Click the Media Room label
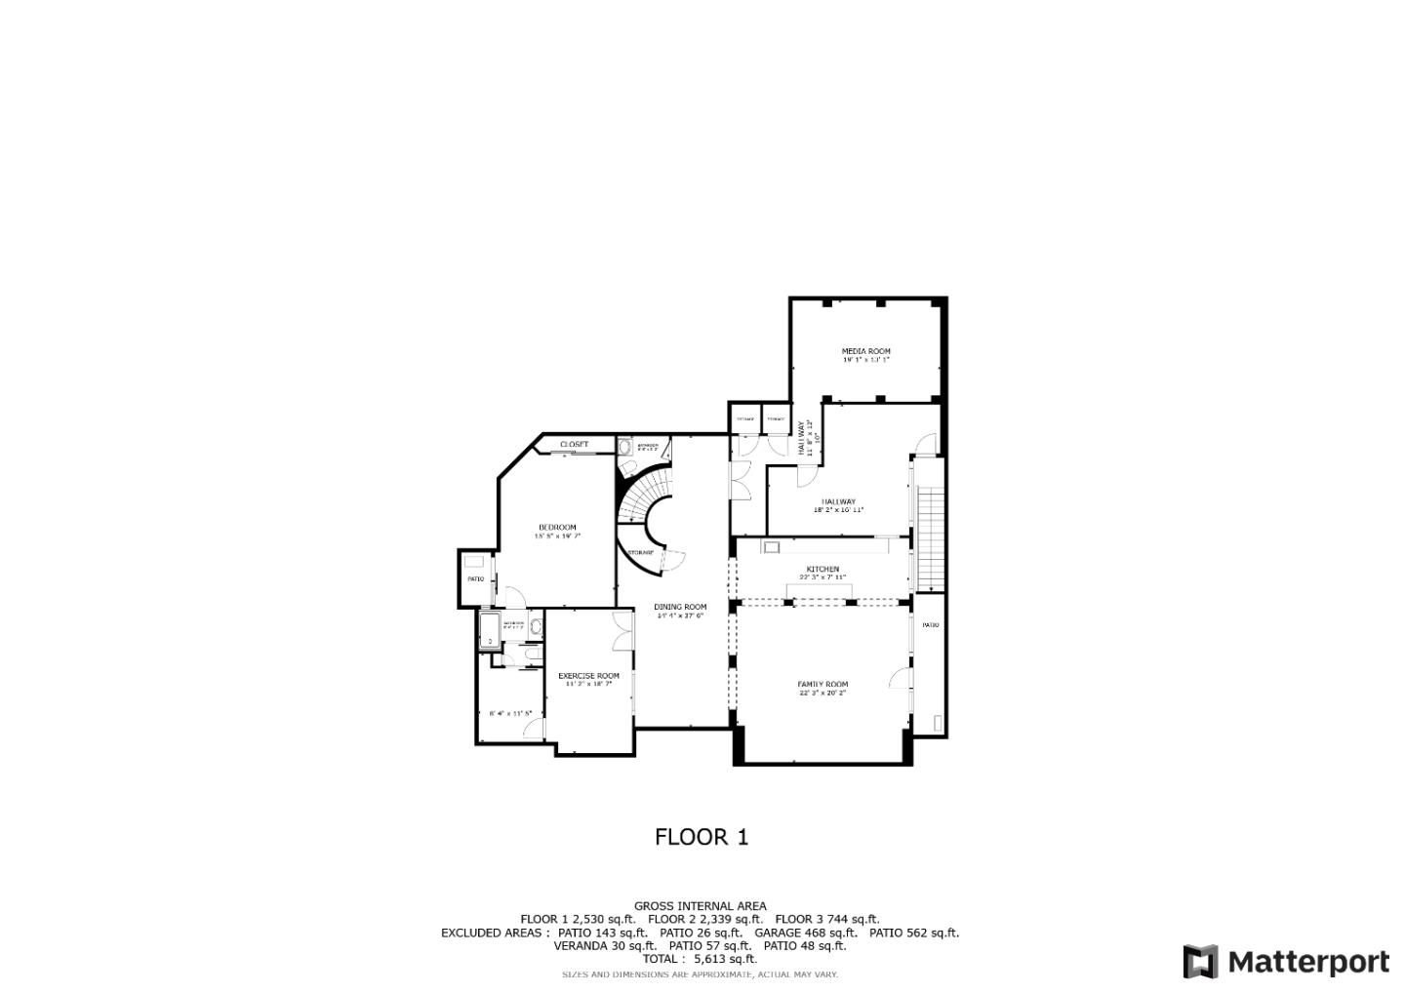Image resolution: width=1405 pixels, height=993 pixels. pyautogui.click(x=865, y=351)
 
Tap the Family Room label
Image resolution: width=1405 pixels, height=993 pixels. pyautogui.click(x=823, y=685)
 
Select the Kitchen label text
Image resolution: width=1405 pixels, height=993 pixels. pyautogui.click(x=823, y=570)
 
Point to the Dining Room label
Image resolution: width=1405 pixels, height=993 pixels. pyautogui.click(x=680, y=607)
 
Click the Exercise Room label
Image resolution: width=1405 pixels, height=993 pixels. pyautogui.click(x=588, y=676)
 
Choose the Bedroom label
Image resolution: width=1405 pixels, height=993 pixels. pyautogui.click(x=557, y=528)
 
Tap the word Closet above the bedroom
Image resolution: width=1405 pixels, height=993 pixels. pyautogui.click(x=574, y=445)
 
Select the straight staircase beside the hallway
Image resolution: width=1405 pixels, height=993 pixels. pyautogui.click(x=932, y=536)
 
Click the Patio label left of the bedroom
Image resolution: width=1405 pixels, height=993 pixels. pyautogui.click(x=475, y=579)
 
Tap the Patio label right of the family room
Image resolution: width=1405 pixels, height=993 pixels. pyautogui.click(x=931, y=625)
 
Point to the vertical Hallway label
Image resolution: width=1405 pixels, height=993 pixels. pyautogui.click(x=802, y=438)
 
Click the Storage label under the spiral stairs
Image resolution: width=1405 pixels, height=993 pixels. pyautogui.click(x=640, y=553)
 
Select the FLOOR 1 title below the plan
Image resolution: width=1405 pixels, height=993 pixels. pyautogui.click(x=701, y=837)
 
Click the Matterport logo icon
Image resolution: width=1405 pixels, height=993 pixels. pyautogui.click(x=1200, y=962)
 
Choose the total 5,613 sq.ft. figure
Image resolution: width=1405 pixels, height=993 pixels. pyautogui.click(x=725, y=959)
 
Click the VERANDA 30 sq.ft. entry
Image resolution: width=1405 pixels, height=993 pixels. pyautogui.click(x=604, y=945)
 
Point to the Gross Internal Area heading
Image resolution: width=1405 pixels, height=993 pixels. pyautogui.click(x=700, y=906)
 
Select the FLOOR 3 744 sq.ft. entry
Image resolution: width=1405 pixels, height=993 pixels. pyautogui.click(x=826, y=919)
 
